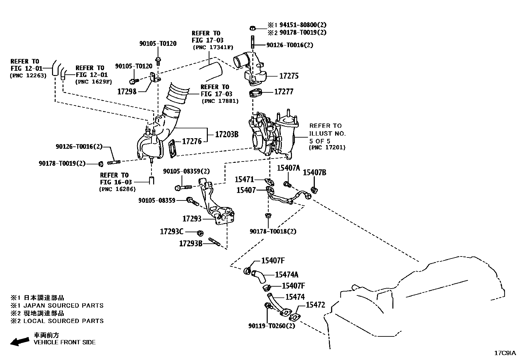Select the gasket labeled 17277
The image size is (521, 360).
tap(255, 94)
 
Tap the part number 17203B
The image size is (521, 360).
tap(226, 134)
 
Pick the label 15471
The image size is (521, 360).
tap(244, 180)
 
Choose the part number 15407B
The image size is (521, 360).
tap(314, 173)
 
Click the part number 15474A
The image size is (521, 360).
tap(286, 275)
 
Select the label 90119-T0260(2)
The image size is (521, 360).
tap(272, 326)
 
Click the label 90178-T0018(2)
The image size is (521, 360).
tap(273, 231)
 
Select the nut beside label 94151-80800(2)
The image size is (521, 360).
tap(252, 27)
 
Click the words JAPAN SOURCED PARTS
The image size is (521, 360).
tap(63, 306)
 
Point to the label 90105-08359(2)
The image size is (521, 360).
tap(187, 171)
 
